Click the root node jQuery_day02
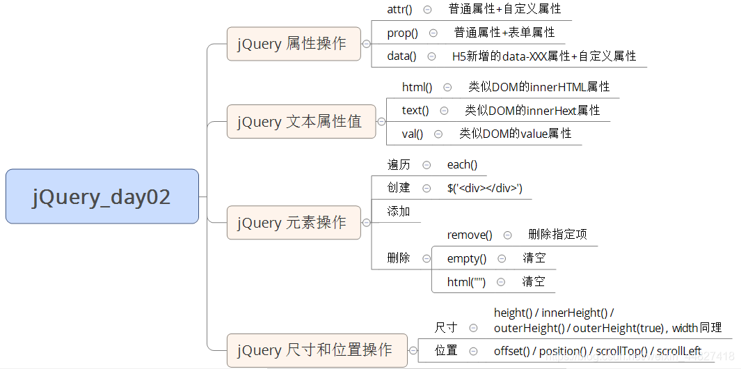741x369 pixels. (x=102, y=196)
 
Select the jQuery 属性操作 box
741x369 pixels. (x=294, y=44)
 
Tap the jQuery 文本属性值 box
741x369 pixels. (x=301, y=122)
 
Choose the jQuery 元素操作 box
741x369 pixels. (x=294, y=223)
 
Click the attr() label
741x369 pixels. (x=399, y=10)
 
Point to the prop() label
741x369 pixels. (x=403, y=33)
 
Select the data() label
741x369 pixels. (x=401, y=56)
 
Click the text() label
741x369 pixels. (x=415, y=111)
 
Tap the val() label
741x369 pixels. (x=413, y=134)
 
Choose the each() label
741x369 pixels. (x=462, y=165)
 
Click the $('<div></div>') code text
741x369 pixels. (x=484, y=188)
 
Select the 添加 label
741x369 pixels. (x=399, y=212)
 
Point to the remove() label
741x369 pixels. (x=470, y=235)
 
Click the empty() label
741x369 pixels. (x=467, y=258)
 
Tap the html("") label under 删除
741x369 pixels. (x=466, y=282)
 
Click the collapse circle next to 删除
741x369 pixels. (x=426, y=258)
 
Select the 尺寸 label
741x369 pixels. (x=446, y=327)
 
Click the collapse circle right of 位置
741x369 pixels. (x=473, y=351)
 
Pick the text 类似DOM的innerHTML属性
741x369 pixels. (x=539, y=87)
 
